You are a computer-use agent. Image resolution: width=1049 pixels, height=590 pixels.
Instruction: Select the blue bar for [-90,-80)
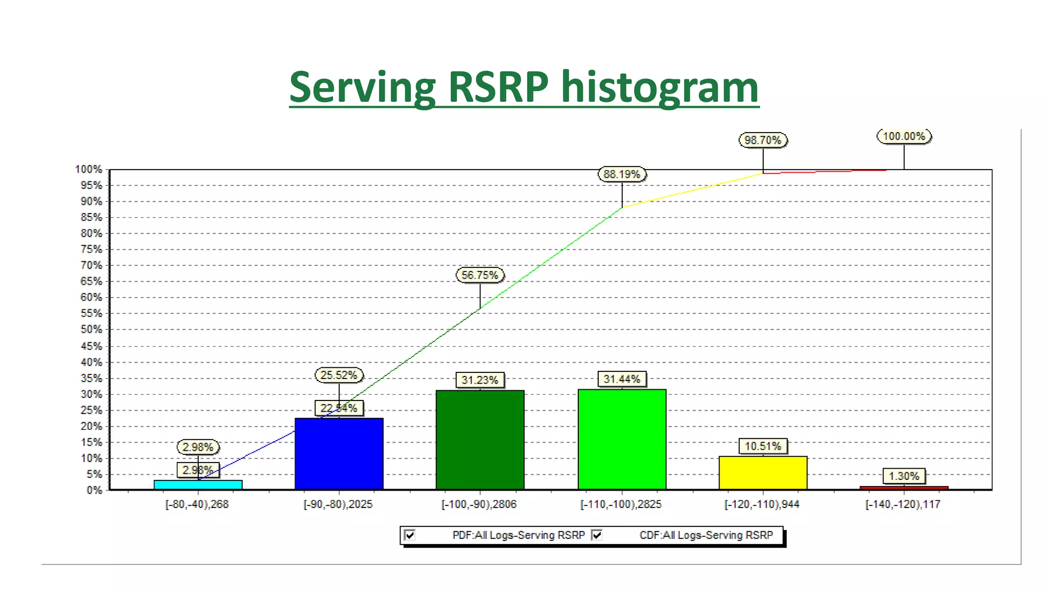pos(339,454)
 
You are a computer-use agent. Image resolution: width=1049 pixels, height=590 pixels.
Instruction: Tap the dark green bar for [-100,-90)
pos(480,440)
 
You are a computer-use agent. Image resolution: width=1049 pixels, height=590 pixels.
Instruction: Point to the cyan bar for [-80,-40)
pos(198,484)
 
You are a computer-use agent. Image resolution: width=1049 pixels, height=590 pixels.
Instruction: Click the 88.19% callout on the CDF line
pos(622,174)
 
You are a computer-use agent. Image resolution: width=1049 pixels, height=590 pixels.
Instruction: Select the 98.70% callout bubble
pos(763,140)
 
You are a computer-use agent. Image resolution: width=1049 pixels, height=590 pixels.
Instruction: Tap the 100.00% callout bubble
pos(904,136)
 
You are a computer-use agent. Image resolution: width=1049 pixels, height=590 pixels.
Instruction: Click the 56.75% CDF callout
pos(480,275)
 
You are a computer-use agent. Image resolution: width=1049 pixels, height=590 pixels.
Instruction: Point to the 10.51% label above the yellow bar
pos(763,446)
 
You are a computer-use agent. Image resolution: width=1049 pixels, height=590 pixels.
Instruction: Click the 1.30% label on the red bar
pos(904,476)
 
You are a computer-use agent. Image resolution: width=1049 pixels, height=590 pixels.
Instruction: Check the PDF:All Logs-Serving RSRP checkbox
pos(410,535)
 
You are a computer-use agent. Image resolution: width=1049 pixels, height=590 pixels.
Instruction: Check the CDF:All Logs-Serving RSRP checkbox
pos(597,535)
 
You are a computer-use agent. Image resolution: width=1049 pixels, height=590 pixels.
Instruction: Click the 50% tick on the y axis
pos(91,329)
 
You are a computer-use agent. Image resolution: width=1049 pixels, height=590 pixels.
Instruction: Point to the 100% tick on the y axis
pos(89,170)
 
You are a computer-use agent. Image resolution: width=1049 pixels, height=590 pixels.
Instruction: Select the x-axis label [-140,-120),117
pos(903,504)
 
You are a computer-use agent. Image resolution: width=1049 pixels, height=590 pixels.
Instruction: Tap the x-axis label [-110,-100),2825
pos(621,504)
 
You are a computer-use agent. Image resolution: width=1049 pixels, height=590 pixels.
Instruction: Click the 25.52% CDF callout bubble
pos(339,375)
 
